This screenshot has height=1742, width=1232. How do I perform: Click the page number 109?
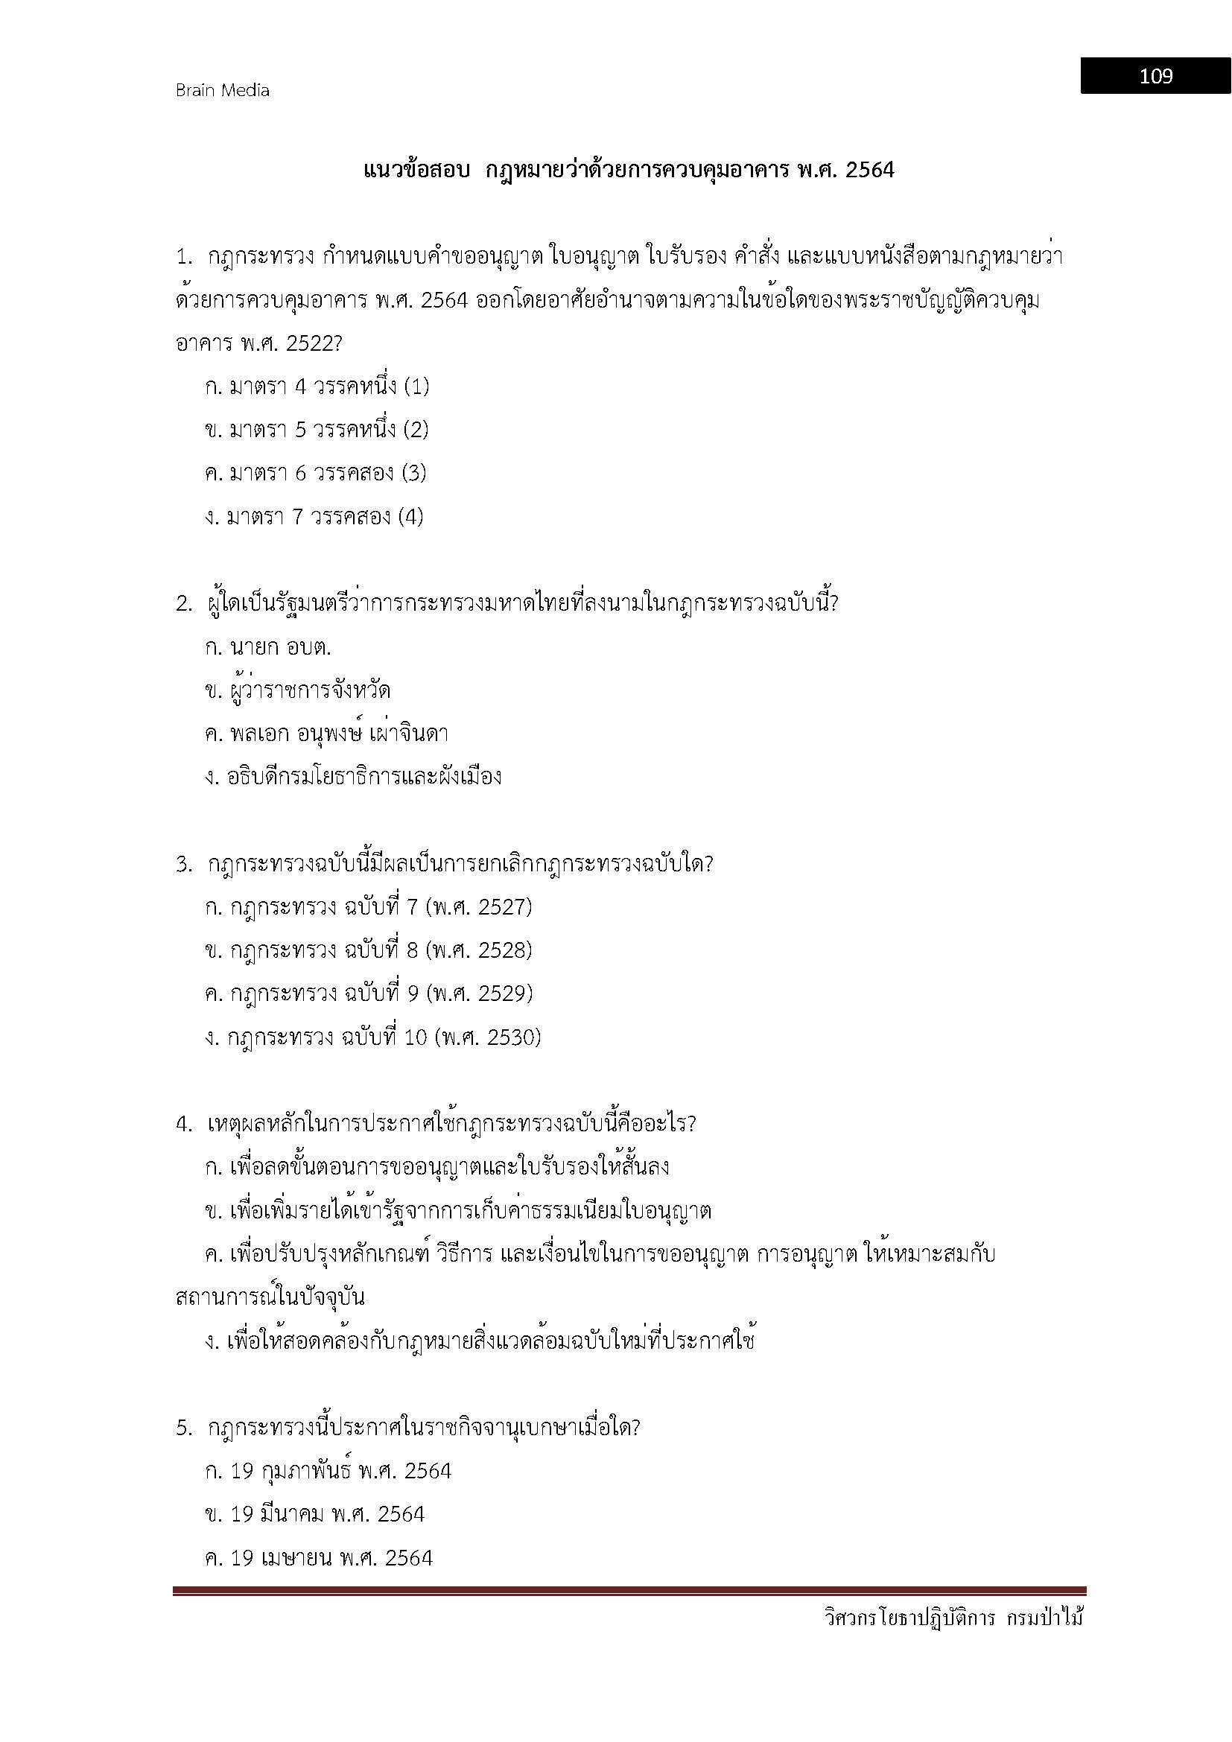(1155, 76)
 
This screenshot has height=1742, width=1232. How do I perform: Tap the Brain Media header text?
(222, 90)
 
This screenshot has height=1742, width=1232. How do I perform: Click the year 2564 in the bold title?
(869, 170)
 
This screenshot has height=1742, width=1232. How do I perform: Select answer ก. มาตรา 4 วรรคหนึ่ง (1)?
(317, 387)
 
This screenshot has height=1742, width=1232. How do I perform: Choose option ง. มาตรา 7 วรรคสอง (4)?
(314, 518)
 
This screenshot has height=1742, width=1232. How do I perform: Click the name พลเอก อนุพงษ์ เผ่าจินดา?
(338, 734)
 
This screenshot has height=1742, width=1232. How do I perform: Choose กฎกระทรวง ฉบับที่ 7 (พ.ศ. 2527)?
(368, 906)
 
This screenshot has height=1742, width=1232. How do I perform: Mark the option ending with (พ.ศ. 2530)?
(372, 1037)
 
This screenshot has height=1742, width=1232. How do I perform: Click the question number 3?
(183, 864)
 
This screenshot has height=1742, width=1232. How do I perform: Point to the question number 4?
(183, 1125)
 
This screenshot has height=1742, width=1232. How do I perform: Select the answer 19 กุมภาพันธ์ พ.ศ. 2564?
(328, 1471)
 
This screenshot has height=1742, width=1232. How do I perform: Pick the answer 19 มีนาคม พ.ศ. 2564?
(314, 1514)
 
